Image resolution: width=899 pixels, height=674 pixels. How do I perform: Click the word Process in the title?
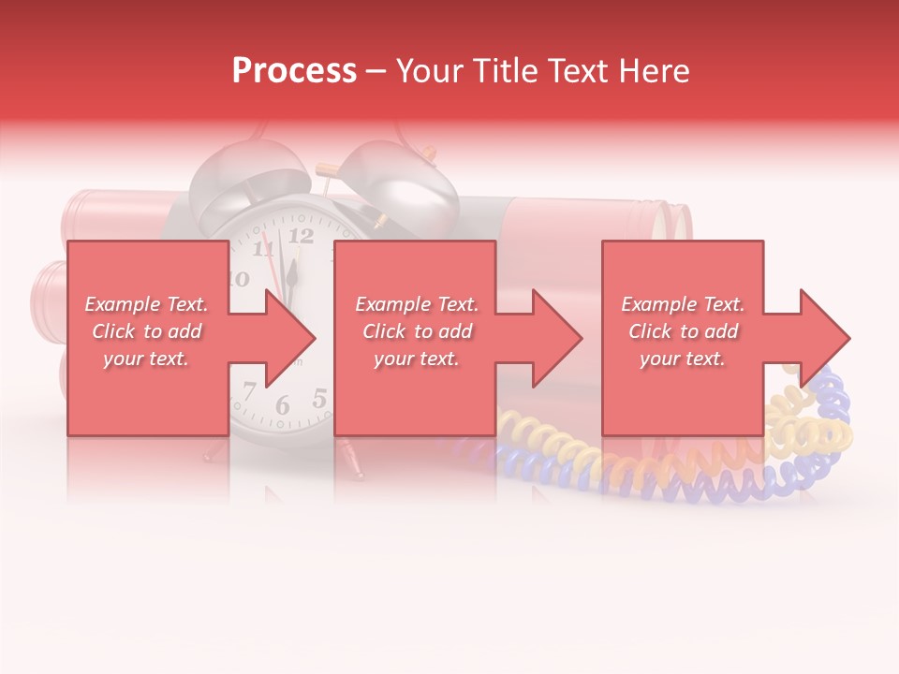pyautogui.click(x=294, y=71)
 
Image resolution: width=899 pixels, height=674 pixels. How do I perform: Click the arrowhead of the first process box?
pyautogui.click(x=291, y=338)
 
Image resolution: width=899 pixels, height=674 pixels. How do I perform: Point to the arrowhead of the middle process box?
pyautogui.click(x=558, y=338)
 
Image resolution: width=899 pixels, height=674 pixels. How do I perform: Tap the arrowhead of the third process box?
pyautogui.click(x=825, y=338)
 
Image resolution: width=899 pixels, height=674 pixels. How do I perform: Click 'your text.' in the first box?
pyautogui.click(x=146, y=359)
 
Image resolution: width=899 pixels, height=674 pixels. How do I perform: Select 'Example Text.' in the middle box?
pyautogui.click(x=417, y=304)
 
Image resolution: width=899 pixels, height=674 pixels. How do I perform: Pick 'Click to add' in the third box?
pyautogui.click(x=683, y=331)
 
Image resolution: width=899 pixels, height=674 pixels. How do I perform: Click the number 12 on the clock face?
pyautogui.click(x=301, y=236)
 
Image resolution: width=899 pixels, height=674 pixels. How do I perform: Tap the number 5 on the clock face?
pyautogui.click(x=319, y=399)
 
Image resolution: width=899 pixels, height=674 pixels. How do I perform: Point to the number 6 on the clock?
pyautogui.click(x=282, y=405)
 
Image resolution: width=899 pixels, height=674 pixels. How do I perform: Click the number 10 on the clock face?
pyautogui.click(x=239, y=278)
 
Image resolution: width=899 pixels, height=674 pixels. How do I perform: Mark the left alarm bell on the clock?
pyautogui.click(x=248, y=178)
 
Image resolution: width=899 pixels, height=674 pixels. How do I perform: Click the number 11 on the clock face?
pyautogui.click(x=265, y=247)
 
